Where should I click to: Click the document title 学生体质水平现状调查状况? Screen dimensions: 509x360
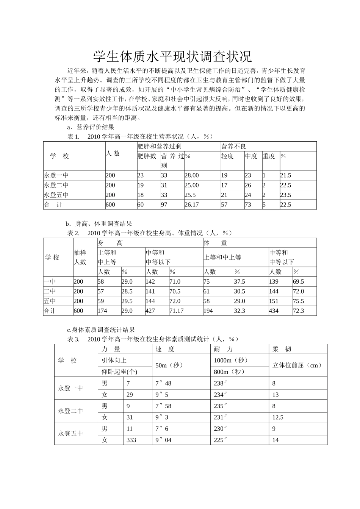click(x=172, y=57)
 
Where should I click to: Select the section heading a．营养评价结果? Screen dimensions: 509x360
click(x=91, y=127)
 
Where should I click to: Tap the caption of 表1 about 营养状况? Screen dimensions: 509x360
click(x=140, y=136)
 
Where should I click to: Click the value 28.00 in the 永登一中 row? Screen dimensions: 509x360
click(x=191, y=175)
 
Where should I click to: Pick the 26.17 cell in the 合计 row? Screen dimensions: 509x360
click(x=191, y=205)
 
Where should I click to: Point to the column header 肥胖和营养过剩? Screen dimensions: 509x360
click(x=160, y=146)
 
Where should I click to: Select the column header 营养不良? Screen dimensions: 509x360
click(x=234, y=146)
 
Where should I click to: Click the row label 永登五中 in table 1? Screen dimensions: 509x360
click(x=56, y=195)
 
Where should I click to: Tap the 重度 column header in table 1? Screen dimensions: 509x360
click(x=269, y=156)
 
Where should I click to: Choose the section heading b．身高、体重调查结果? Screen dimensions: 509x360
click(x=99, y=223)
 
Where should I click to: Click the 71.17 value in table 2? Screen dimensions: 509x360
click(x=176, y=311)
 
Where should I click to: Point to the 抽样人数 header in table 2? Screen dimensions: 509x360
click(x=80, y=257)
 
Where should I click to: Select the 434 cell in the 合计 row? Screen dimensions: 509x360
click(x=274, y=311)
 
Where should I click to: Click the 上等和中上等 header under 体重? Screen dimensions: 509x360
click(x=222, y=258)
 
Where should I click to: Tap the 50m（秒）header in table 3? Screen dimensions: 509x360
click(x=169, y=365)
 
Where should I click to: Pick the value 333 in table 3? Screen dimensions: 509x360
click(x=131, y=440)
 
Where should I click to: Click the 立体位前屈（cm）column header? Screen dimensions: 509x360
click(x=297, y=365)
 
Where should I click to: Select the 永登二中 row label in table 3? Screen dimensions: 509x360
click(x=70, y=411)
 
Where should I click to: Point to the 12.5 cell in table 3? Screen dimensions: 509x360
click(x=278, y=417)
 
